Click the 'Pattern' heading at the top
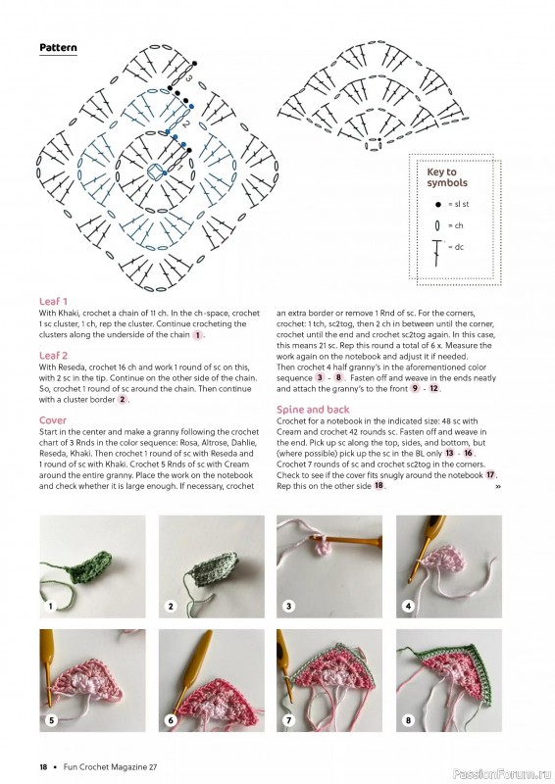tap(58, 47)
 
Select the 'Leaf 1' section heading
tap(53, 301)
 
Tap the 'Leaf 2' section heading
tap(53, 355)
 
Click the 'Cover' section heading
tap(53, 419)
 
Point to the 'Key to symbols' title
tap(447, 177)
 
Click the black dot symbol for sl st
tap(437, 204)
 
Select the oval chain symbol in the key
tap(437, 225)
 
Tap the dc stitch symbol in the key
tap(437, 250)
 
